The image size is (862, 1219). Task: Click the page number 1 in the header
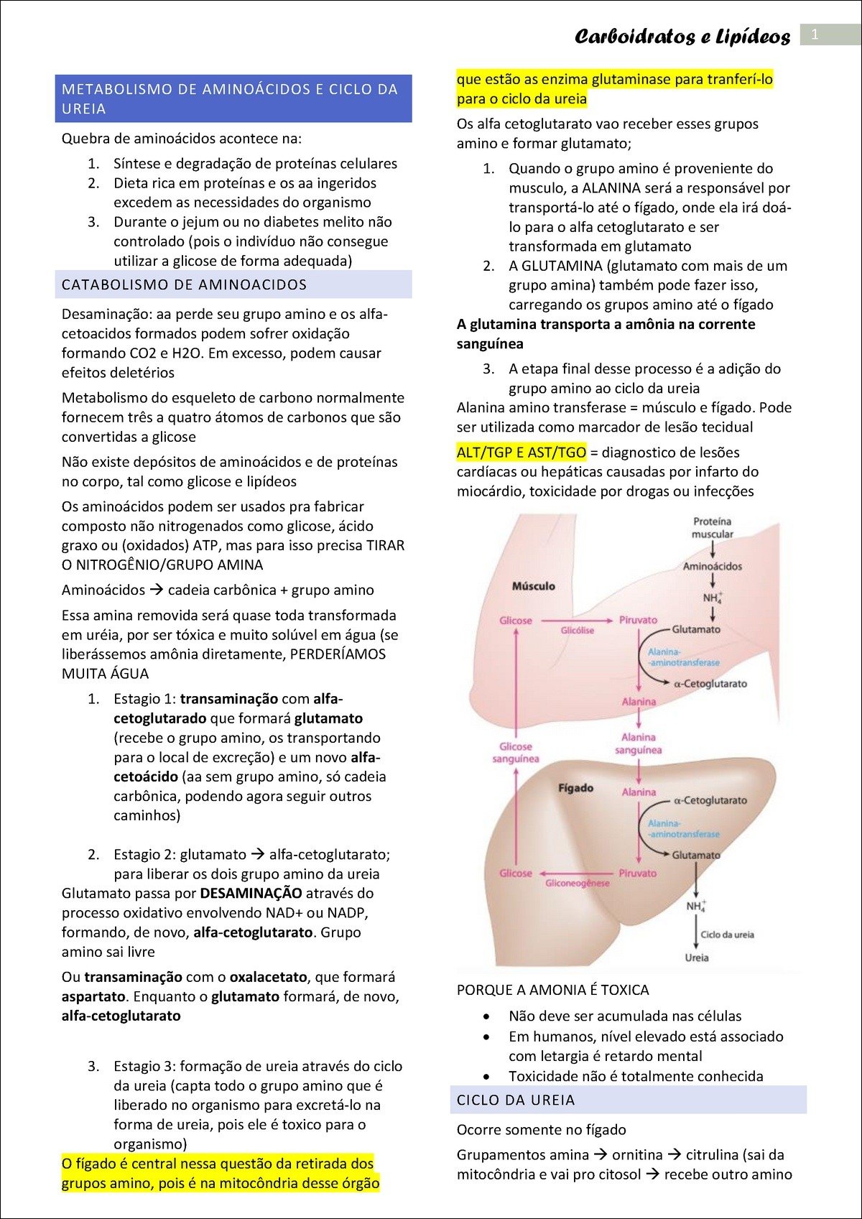point(815,34)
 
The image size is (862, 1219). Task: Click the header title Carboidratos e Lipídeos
point(682,37)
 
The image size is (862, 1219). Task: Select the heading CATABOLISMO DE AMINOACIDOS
point(184,285)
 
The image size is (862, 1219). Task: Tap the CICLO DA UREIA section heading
point(516,1100)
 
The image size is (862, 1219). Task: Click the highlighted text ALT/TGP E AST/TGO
point(522,453)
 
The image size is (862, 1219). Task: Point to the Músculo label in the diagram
point(533,586)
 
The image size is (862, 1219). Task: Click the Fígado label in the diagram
point(575,788)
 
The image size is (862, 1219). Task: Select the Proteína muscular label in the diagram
point(712,528)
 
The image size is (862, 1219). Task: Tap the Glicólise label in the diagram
point(577,630)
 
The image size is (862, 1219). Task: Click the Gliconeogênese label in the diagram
point(577,883)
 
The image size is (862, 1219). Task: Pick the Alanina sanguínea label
point(638,743)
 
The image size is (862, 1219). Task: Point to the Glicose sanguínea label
point(515,752)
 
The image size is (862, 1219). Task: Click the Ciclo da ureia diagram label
point(727,935)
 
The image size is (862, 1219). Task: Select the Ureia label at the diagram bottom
point(696,958)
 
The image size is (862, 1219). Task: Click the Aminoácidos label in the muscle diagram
point(712,566)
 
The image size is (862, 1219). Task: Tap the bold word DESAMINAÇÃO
point(251,894)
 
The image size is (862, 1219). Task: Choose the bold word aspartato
point(95,996)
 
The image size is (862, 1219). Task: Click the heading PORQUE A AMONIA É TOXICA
point(552,990)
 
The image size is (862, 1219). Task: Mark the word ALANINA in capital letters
point(611,188)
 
